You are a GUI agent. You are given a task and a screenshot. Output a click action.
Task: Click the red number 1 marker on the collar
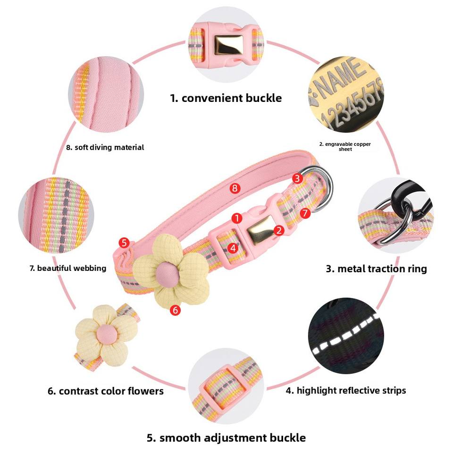click(237, 218)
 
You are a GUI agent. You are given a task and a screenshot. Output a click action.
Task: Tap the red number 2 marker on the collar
click(279, 230)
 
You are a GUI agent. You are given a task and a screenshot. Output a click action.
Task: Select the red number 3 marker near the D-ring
click(297, 178)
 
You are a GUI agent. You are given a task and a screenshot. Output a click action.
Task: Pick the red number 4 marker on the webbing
click(233, 248)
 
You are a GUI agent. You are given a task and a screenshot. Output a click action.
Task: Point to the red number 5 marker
click(124, 243)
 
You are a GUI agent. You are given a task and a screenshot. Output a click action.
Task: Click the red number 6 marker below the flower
click(175, 310)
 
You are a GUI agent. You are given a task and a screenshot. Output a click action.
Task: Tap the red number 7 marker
click(305, 213)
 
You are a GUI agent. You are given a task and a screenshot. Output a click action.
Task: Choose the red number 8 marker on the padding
click(235, 188)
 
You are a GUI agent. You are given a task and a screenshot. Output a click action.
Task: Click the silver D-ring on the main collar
click(323, 189)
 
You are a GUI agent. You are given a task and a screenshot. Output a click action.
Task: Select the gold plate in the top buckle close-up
click(228, 45)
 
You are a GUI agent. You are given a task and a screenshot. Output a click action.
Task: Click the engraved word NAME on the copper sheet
click(341, 76)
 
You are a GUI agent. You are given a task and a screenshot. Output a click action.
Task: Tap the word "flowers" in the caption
click(146, 391)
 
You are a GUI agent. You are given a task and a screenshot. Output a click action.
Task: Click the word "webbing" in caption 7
click(90, 268)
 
